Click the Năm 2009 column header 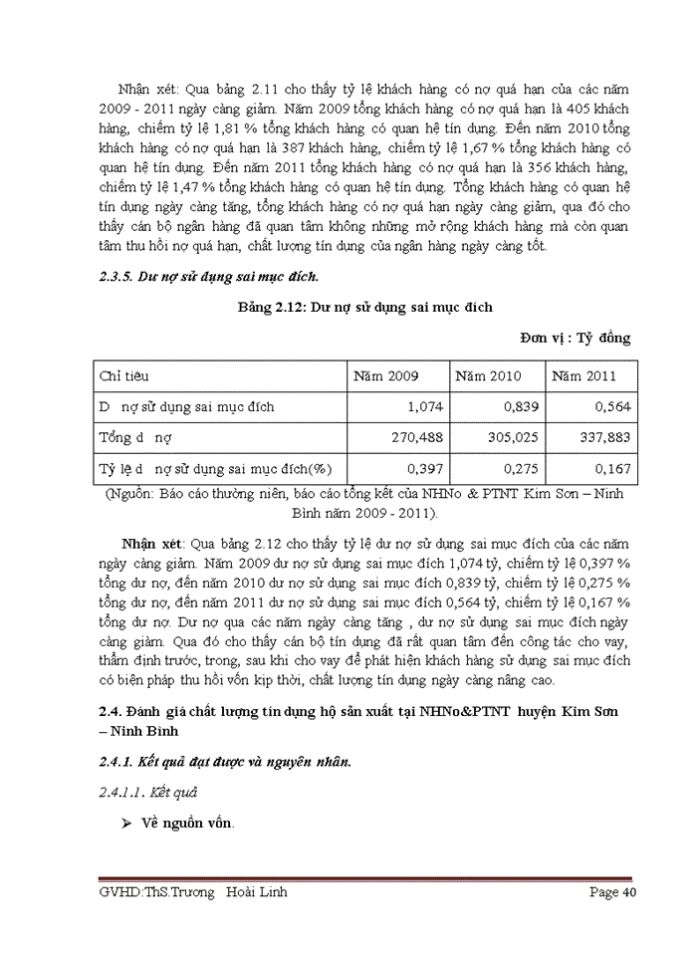[x=386, y=376]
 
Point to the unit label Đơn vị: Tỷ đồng [x=575, y=338]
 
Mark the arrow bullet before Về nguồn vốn [x=126, y=824]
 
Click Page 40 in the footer [x=612, y=892]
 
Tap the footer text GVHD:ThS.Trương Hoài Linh [x=193, y=892]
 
